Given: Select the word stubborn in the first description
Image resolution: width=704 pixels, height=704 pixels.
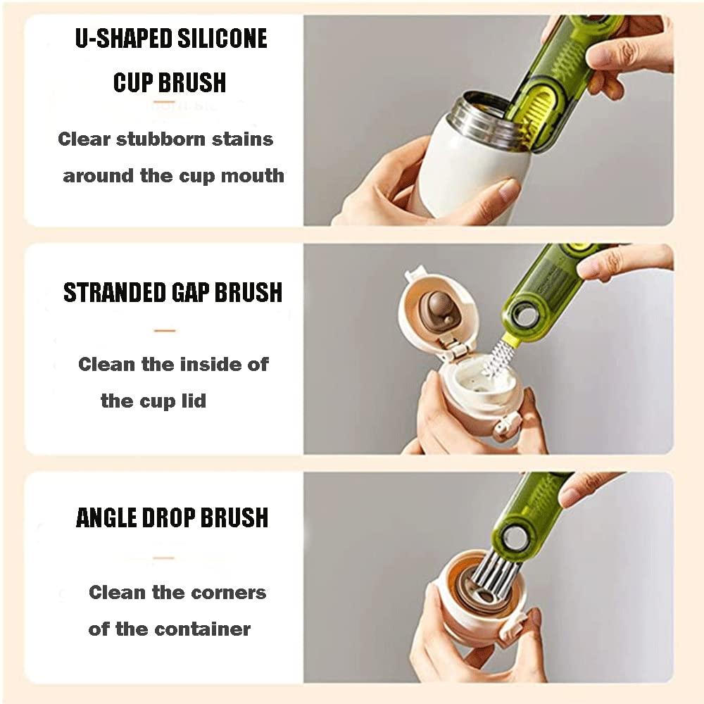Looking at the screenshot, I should (165, 139).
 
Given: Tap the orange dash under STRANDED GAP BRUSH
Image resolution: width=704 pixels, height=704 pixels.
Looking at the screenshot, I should (164, 329).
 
